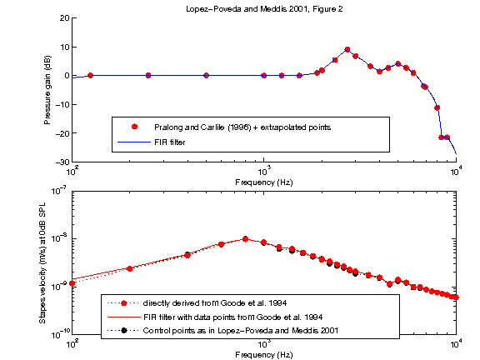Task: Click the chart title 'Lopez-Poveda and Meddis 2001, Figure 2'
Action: (x=264, y=8)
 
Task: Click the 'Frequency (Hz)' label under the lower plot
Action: (x=264, y=354)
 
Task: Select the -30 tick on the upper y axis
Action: (x=62, y=162)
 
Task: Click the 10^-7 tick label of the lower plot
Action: (x=60, y=191)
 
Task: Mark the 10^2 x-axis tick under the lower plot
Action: (x=73, y=343)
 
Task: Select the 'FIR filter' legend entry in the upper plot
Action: (x=170, y=142)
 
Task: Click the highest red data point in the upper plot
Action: (x=347, y=50)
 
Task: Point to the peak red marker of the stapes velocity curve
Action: (x=245, y=239)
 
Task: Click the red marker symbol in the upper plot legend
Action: (x=133, y=127)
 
